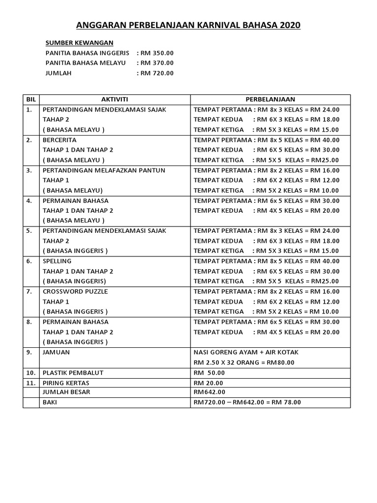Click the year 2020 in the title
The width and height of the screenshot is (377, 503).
click(x=288, y=26)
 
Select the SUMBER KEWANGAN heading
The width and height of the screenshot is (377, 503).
click(x=79, y=43)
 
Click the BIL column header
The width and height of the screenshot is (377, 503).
click(x=31, y=99)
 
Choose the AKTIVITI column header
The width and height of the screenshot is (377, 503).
click(x=114, y=99)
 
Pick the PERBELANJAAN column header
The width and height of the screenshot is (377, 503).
click(x=270, y=99)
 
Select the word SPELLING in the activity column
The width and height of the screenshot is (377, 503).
click(x=57, y=261)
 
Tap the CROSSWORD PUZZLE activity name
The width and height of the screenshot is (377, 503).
click(x=75, y=291)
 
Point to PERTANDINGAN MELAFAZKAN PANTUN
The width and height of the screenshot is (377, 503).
click(x=104, y=170)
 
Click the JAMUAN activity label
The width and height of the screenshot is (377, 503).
click(x=56, y=352)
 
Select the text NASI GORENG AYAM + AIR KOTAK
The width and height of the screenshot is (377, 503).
click(x=246, y=352)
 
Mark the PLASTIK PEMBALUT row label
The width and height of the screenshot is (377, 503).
click(x=73, y=373)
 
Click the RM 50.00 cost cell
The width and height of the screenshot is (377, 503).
click(x=209, y=373)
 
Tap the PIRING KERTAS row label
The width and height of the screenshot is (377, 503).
click(x=66, y=383)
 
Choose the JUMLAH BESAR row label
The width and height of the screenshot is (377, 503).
click(x=67, y=392)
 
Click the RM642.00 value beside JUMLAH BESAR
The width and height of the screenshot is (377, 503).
click(x=210, y=392)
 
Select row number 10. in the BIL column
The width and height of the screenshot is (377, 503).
click(x=30, y=373)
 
